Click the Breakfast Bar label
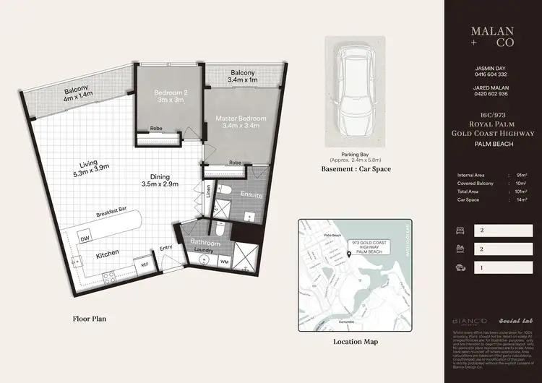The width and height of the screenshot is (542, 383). coord(113,215)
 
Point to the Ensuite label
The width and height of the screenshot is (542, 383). coord(251,195)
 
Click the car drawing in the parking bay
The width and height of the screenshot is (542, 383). coord(355,90)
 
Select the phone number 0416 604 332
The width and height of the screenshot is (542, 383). coord(491,74)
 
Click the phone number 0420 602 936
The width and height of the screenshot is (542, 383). coord(491,94)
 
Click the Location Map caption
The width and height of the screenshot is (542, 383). coord(355,342)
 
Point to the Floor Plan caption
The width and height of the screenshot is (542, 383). coord(91,318)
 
